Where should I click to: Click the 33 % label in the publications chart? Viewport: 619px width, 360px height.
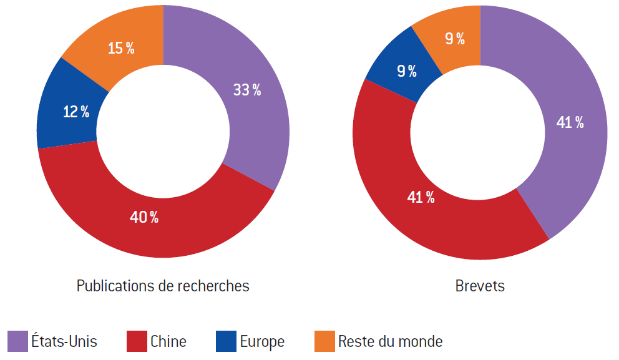pos(247,90)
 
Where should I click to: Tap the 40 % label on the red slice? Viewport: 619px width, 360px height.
pos(144,217)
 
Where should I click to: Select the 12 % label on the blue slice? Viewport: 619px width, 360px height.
pos(76,112)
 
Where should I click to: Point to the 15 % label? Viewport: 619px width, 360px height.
pos(121,48)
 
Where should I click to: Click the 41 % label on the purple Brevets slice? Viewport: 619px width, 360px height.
pos(570,123)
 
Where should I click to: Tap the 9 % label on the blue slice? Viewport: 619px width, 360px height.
pos(407,71)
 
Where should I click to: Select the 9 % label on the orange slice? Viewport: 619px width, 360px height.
pos(455,39)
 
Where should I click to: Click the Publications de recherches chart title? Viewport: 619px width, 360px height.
pos(163,286)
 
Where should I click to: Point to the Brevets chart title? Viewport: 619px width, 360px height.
pos(480,286)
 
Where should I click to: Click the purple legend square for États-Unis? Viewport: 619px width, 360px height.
pos(17,341)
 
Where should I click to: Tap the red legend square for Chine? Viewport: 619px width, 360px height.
pos(137,341)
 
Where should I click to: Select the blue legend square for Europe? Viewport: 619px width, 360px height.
pos(226,341)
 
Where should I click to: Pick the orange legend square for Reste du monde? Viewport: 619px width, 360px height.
pos(324,341)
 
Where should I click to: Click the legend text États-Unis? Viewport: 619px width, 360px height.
pos(64,342)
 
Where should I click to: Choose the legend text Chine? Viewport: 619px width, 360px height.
pos(168,342)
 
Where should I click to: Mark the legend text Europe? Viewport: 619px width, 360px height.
pos(262,342)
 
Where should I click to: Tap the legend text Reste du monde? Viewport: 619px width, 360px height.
pos(390,342)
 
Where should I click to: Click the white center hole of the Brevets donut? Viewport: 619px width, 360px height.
pos(480,132)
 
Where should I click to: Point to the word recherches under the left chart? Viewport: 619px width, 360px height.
pos(213,286)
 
